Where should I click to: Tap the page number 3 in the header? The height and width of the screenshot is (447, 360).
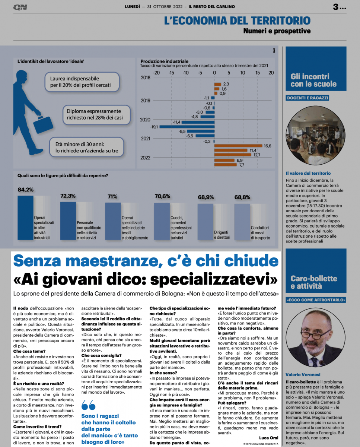tap(336, 7)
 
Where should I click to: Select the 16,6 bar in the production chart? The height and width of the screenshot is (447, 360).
tap(238, 146)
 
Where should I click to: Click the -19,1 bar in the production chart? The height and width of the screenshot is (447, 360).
tap(187, 126)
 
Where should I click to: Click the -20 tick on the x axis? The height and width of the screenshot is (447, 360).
tap(157, 72)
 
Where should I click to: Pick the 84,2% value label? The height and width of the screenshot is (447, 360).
tap(25, 190)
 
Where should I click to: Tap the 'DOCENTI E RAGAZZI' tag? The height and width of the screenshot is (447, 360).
tap(308, 98)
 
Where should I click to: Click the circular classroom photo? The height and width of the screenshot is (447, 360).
tap(316, 136)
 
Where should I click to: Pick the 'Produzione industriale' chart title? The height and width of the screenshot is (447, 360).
tap(164, 61)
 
